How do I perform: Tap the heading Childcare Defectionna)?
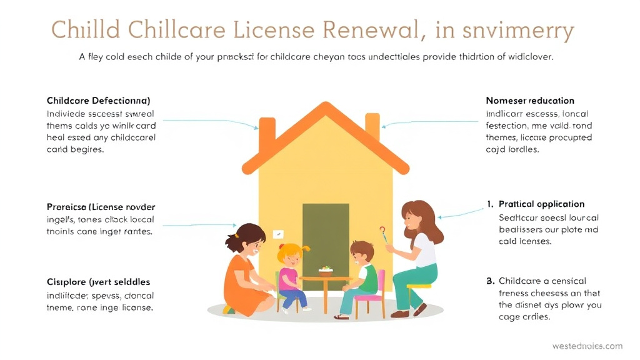(98, 101)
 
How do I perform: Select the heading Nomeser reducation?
(529, 101)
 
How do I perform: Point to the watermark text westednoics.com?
(587, 346)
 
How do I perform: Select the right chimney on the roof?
(372, 126)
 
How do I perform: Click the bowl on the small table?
(325, 272)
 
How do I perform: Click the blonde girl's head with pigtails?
(291, 254)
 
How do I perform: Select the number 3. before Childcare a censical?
(490, 281)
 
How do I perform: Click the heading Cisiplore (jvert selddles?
(98, 282)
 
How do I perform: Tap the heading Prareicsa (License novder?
(101, 207)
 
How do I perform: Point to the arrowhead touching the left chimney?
(256, 127)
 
